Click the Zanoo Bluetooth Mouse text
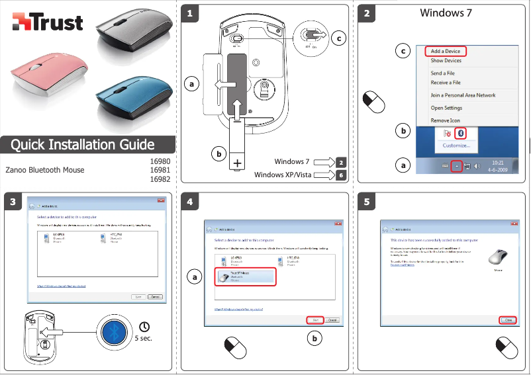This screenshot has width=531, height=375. (x=45, y=170)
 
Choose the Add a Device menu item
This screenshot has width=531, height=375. (x=445, y=51)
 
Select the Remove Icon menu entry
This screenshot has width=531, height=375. (x=445, y=120)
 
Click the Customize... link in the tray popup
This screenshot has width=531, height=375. (x=456, y=146)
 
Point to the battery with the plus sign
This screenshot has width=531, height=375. (x=236, y=149)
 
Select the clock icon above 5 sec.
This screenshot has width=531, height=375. (x=144, y=326)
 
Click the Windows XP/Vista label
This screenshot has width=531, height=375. (x=283, y=175)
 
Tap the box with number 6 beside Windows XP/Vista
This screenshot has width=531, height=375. (x=340, y=175)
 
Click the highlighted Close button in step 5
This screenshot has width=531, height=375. (x=507, y=319)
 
